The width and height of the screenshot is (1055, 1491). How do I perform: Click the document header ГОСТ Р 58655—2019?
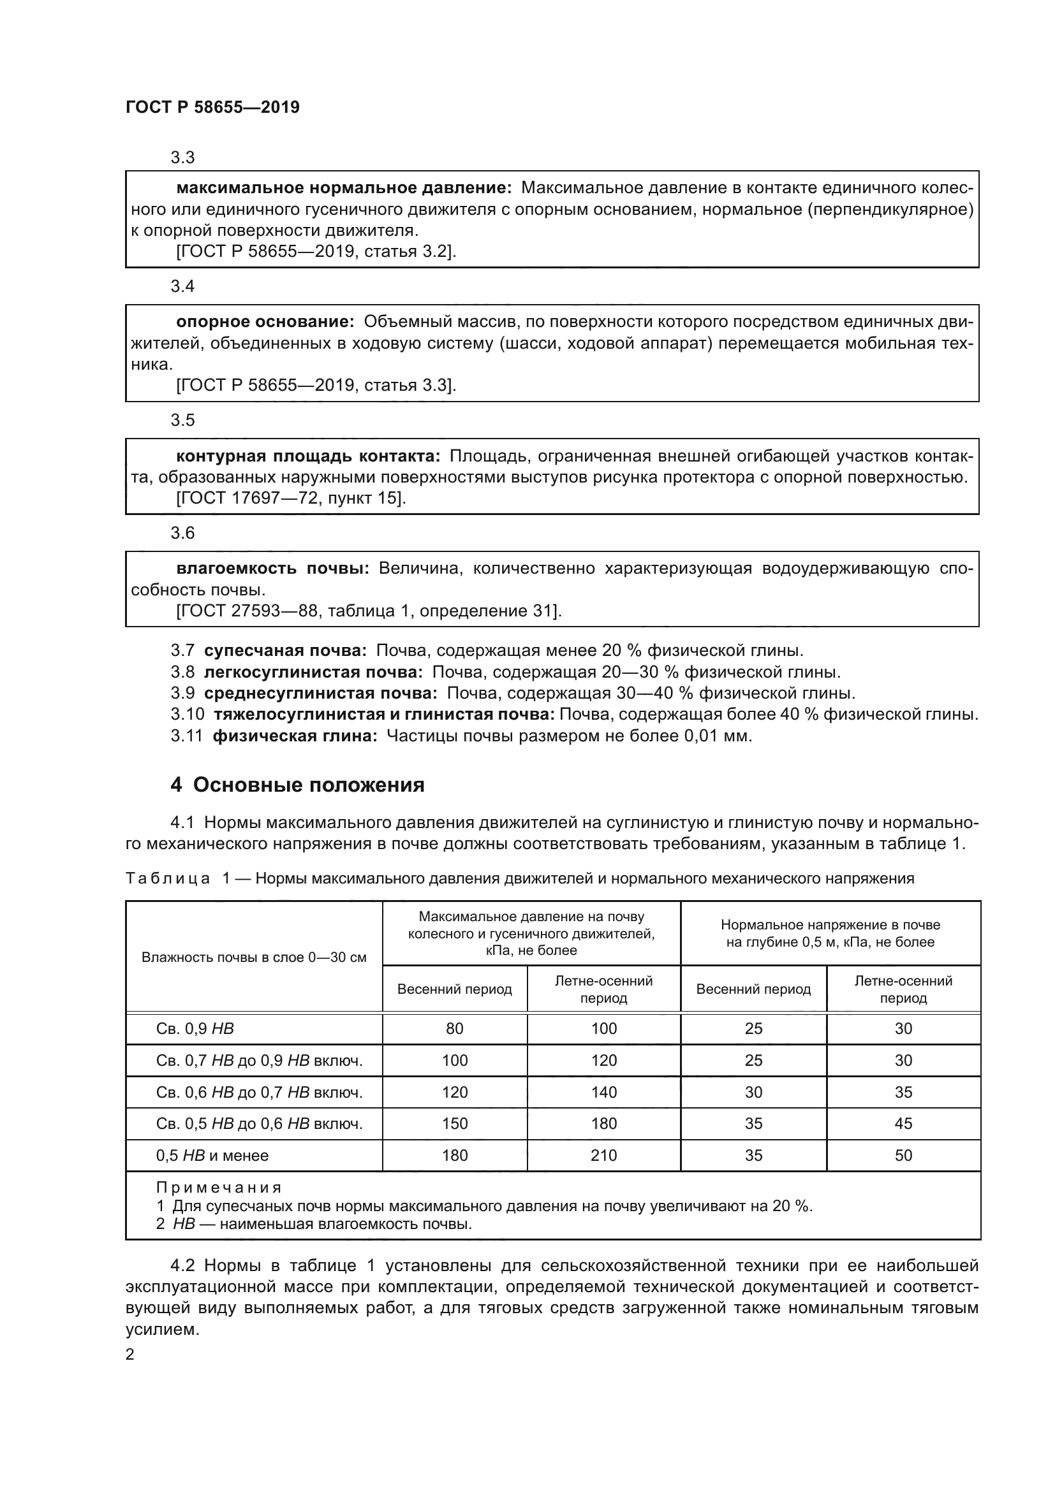point(212,108)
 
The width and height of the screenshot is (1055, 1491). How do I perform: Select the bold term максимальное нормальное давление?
point(344,188)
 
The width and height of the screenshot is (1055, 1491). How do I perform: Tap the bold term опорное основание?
point(265,322)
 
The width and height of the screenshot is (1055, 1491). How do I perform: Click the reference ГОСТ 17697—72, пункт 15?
point(290,498)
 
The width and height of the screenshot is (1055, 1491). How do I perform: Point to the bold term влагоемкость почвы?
point(272,569)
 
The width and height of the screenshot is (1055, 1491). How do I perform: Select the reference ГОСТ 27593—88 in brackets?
point(368,611)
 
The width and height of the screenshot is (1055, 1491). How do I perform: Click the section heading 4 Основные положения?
point(297,785)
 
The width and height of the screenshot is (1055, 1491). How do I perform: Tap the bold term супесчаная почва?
point(284,650)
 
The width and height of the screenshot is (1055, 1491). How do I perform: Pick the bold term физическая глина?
point(294,736)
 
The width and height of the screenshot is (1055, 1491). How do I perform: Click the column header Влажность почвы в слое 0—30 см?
point(254,957)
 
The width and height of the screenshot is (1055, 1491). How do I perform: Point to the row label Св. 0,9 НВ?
point(195,1029)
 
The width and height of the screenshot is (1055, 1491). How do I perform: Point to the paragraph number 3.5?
point(182,420)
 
